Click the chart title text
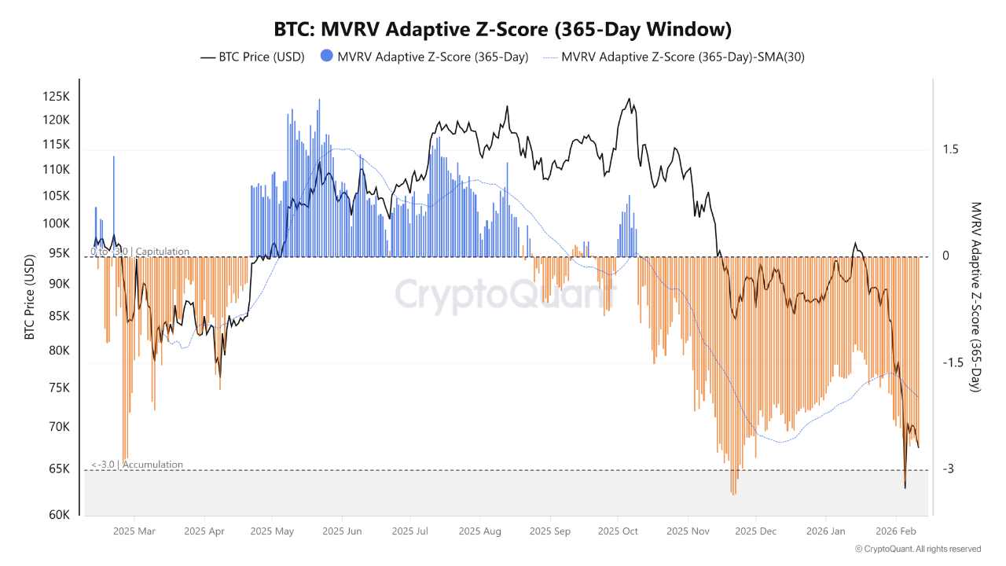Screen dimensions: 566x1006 503,30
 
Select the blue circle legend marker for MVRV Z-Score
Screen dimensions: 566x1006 326,57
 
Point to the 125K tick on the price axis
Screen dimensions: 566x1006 57,97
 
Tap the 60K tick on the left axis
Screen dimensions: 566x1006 61,516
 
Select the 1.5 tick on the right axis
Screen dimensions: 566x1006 950,149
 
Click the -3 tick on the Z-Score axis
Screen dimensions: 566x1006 949,469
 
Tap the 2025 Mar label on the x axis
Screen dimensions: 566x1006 134,531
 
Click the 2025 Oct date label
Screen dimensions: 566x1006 618,531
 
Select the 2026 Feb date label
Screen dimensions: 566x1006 898,531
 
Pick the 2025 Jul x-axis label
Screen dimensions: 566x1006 411,531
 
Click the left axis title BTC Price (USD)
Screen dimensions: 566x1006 30,297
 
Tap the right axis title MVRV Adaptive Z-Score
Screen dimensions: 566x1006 976,297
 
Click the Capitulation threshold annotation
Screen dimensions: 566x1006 140,252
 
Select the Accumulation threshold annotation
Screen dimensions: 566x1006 138,465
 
